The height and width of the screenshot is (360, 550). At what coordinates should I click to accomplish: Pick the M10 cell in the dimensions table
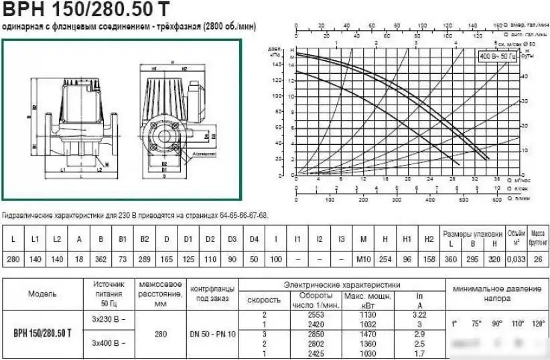(x=363, y=259)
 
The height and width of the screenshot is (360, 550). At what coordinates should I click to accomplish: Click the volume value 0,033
(x=515, y=259)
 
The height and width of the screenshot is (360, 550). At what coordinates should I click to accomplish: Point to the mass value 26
(x=538, y=259)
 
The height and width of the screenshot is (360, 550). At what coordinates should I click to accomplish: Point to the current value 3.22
(x=420, y=314)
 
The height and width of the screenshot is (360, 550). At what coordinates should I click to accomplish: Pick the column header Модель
(x=43, y=294)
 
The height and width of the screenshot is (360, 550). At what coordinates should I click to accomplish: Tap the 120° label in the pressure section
(x=538, y=324)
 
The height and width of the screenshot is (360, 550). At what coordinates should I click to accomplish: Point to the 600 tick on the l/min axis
(x=496, y=200)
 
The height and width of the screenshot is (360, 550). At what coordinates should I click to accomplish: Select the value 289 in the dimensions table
(x=145, y=259)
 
